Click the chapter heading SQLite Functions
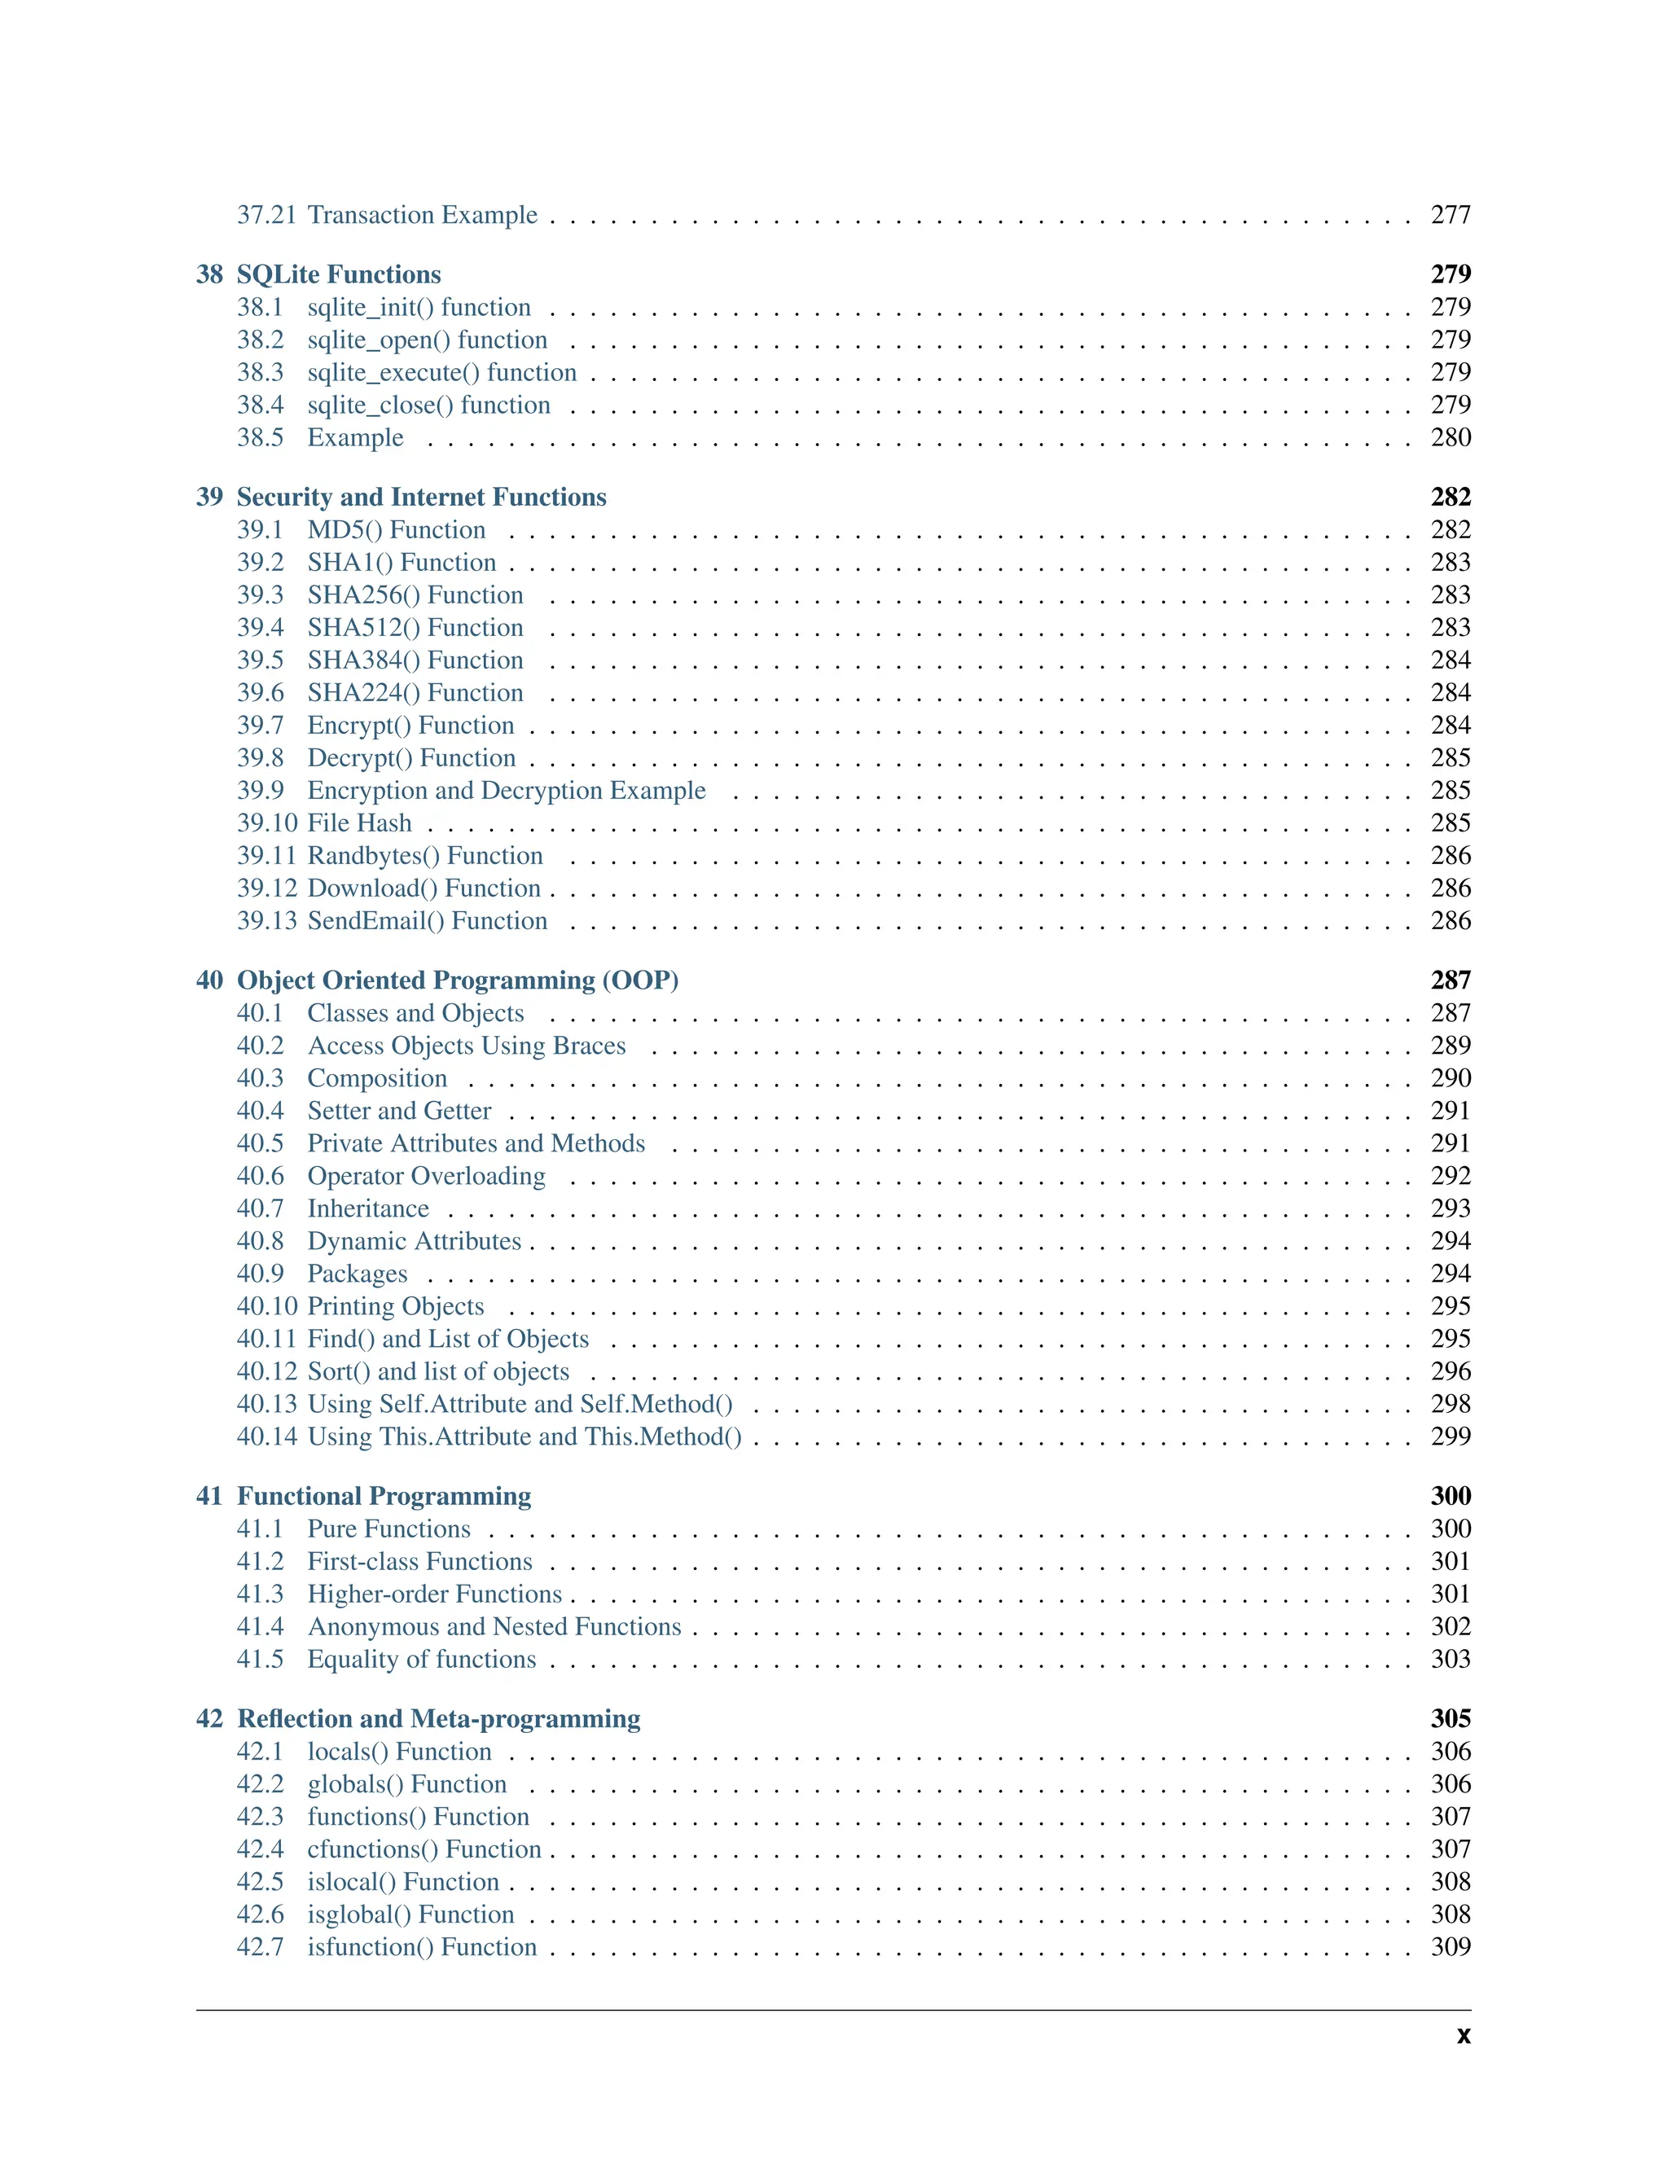338,274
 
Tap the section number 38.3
260,372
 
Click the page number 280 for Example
1450,438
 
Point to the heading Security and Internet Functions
421,497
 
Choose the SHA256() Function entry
415,594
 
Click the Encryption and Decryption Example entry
506,791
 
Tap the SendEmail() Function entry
427,921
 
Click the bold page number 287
1450,980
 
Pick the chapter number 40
209,980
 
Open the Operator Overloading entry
426,1176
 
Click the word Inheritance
367,1208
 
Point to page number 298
1450,1404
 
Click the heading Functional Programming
384,1496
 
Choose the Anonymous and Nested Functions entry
494,1626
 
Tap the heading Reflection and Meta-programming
439,1718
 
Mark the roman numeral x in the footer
1463,2037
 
